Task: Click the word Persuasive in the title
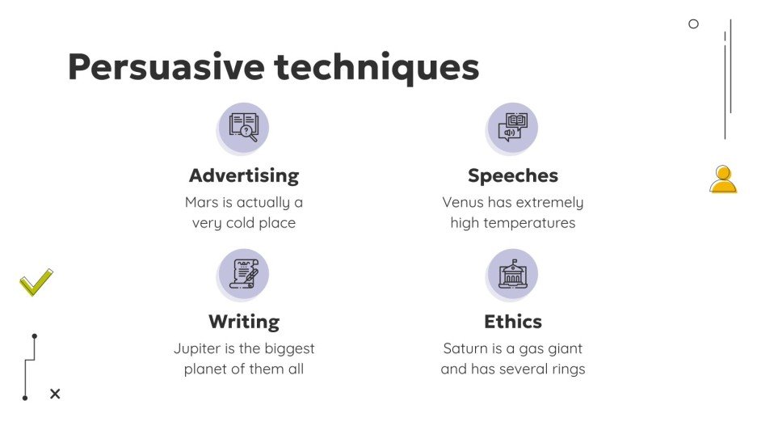[x=166, y=67]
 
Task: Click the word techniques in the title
[x=377, y=67]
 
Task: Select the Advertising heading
[x=244, y=175]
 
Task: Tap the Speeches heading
[x=513, y=175]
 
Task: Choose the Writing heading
[x=244, y=322]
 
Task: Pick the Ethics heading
[x=513, y=322]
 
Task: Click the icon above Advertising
[x=244, y=127]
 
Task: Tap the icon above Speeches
[x=513, y=127]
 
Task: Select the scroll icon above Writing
[x=244, y=273]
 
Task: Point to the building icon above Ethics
[x=513, y=273]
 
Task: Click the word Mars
[x=202, y=202]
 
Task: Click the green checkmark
[x=36, y=282]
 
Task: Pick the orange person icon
[x=723, y=179]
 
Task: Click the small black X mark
[x=55, y=394]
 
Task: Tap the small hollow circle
[x=693, y=24]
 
